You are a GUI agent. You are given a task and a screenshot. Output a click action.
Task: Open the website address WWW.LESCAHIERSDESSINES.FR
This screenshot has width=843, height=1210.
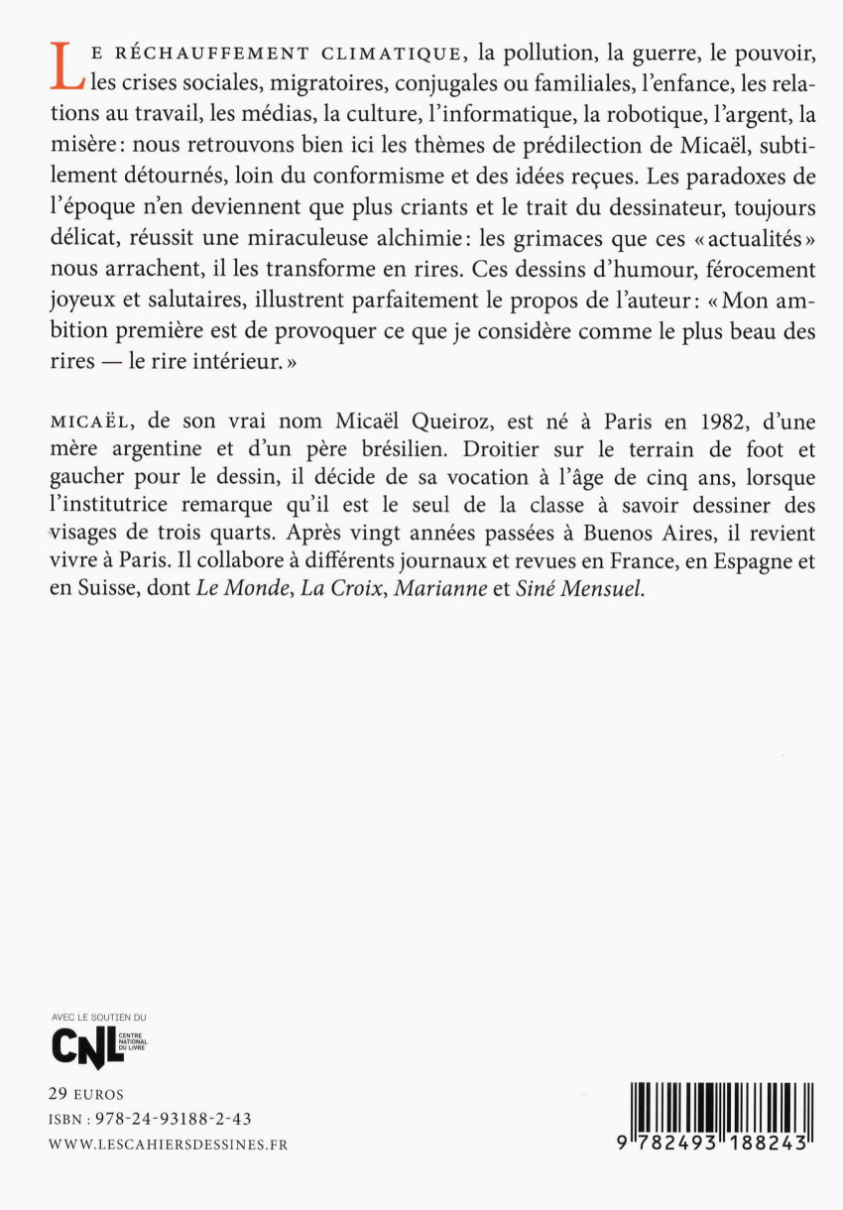point(168,1144)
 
